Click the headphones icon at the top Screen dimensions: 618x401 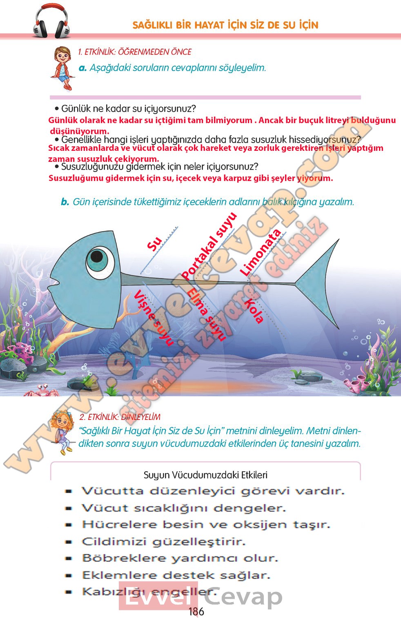(51, 21)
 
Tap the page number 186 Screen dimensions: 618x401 (196, 611)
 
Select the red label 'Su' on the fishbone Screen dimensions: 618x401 (155, 244)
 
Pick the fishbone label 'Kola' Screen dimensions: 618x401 (254, 311)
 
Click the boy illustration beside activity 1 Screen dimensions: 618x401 (62, 67)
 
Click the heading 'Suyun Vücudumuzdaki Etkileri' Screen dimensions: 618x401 (205, 475)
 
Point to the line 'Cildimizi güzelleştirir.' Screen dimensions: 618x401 (163, 542)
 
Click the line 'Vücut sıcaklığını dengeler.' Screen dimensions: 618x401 (184, 508)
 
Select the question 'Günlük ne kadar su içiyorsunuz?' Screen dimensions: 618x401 (128, 109)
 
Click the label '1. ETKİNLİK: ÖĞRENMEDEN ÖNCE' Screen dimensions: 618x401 (134, 52)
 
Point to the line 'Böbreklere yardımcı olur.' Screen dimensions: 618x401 (180, 558)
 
